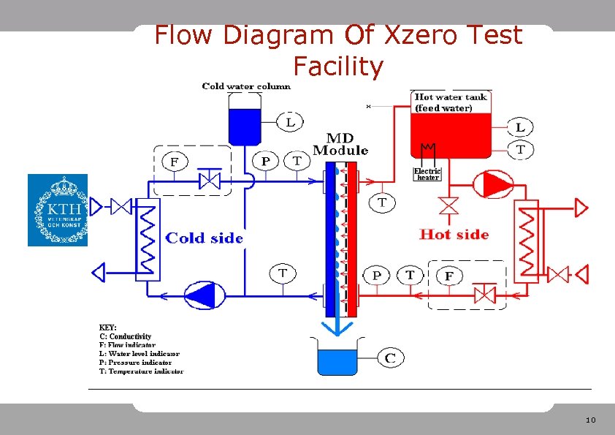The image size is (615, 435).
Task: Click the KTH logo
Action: pos(58,210)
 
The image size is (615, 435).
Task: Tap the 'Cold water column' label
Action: pos(246,86)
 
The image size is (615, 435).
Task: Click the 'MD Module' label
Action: pos(340,144)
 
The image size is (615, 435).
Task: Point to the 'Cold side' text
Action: pos(205,238)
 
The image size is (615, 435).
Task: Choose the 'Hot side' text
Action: pos(454,234)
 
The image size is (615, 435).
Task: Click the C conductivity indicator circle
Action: pos(390,358)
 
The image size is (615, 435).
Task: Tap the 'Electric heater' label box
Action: pos(427,174)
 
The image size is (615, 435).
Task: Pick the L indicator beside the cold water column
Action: pos(290,122)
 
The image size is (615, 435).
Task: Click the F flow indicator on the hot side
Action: pos(449,276)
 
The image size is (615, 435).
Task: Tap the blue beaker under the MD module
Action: pos(336,360)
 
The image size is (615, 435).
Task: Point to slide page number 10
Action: pos(591,420)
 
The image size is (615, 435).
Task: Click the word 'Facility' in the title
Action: pos(337,67)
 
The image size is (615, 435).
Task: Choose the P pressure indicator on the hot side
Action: pos(377,275)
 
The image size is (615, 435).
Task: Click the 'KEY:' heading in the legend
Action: pos(108,327)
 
